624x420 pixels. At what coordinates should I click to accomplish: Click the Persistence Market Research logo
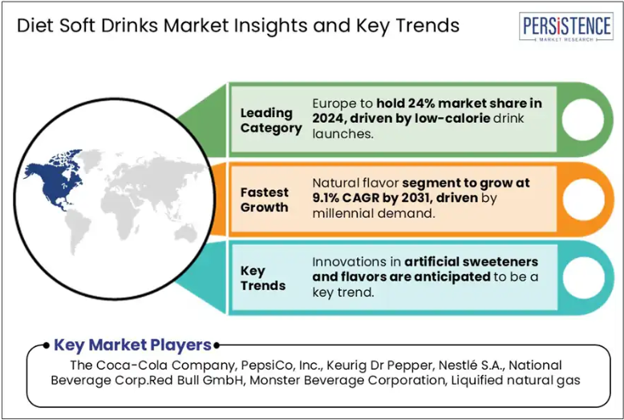tap(566, 26)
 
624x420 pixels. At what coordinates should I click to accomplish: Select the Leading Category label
tap(271, 120)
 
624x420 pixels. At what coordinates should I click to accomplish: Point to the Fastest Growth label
tap(264, 200)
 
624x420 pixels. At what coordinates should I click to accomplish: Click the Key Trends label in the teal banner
tap(262, 278)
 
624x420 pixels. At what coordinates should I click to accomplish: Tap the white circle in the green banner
tap(582, 119)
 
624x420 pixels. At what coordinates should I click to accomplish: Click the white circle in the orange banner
tap(583, 200)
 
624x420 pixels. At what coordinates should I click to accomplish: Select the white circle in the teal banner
tap(583, 278)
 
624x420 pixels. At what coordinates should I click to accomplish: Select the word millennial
tap(343, 213)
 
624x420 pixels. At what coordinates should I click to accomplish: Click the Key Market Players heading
tap(132, 345)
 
